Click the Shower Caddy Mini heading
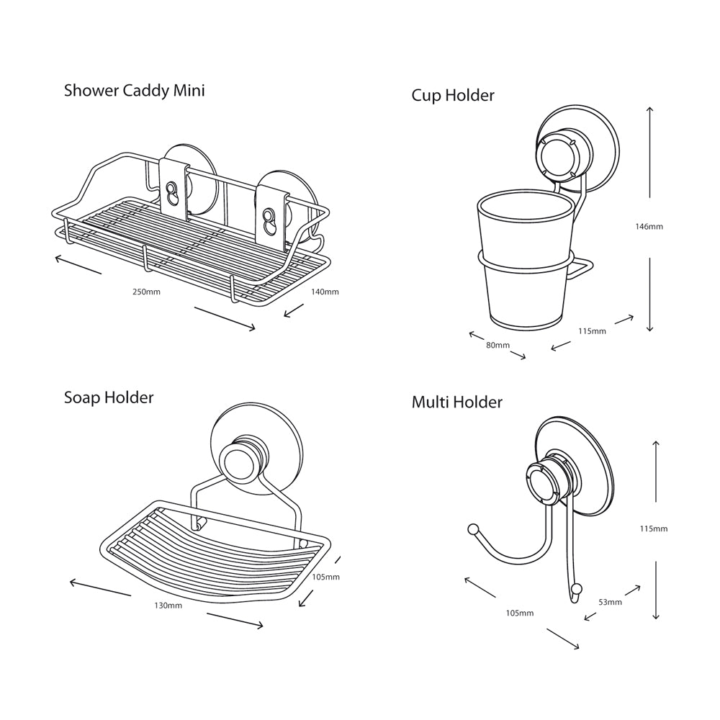pos(134,91)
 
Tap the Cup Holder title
pos(453,95)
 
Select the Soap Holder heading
pos(109,397)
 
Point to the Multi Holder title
pos(456,402)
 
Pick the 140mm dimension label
pos(324,292)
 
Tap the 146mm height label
pos(649,226)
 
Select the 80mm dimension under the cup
pos(498,345)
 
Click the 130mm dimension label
pos(168,606)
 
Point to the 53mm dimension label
pos(610,602)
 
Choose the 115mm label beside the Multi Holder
pos(654,528)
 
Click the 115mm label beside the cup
pos(592,331)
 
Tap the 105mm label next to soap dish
pos(325,577)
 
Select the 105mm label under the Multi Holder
pos(520,613)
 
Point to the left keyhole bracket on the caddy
pos(174,189)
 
